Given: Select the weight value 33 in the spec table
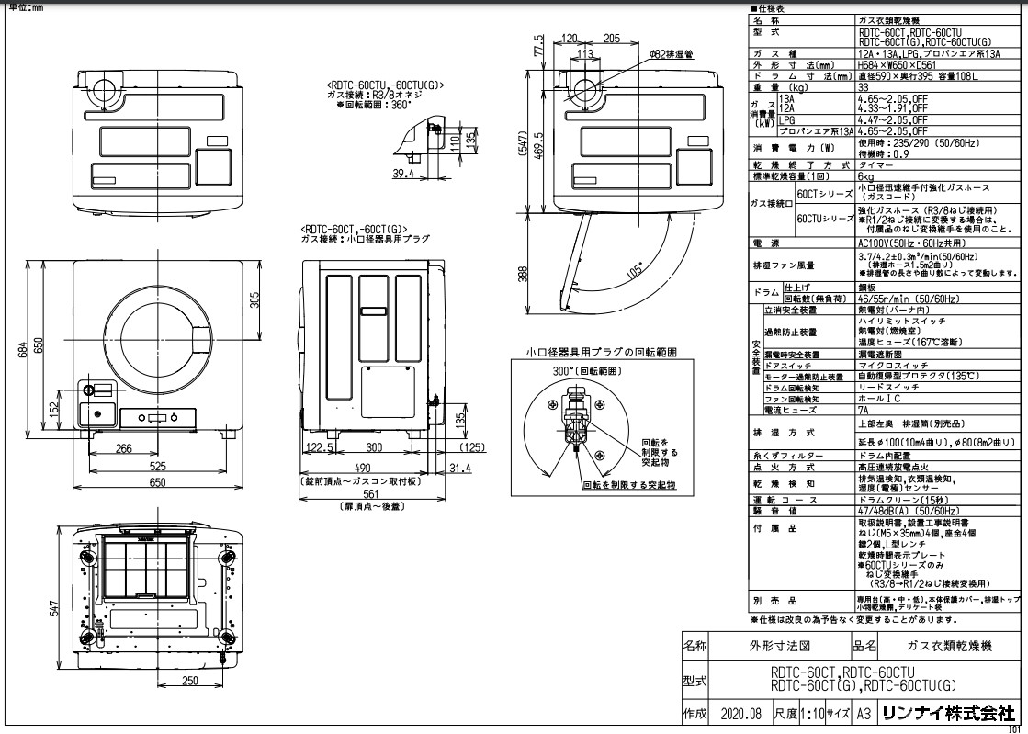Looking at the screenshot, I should coord(864,86).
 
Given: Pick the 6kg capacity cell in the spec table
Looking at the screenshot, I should coord(865,175).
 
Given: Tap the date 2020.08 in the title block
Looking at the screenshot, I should coord(741,713).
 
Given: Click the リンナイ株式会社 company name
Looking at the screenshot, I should coord(947,713).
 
